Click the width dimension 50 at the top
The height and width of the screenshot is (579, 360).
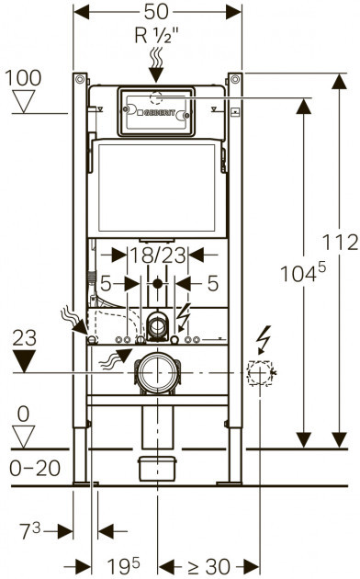pyautogui.click(x=156, y=12)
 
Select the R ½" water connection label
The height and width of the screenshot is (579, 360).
pyautogui.click(x=156, y=36)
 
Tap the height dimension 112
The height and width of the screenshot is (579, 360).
pyautogui.click(x=340, y=243)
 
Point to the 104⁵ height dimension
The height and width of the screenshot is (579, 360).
pyautogui.click(x=303, y=273)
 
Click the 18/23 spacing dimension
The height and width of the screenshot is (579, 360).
pyautogui.click(x=158, y=255)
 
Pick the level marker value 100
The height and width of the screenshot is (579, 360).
pyautogui.click(x=23, y=78)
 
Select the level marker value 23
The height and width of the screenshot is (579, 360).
pyautogui.click(x=25, y=337)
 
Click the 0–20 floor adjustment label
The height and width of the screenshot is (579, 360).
pyautogui.click(x=35, y=469)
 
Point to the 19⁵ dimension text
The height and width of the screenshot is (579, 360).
pyautogui.click(x=124, y=565)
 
